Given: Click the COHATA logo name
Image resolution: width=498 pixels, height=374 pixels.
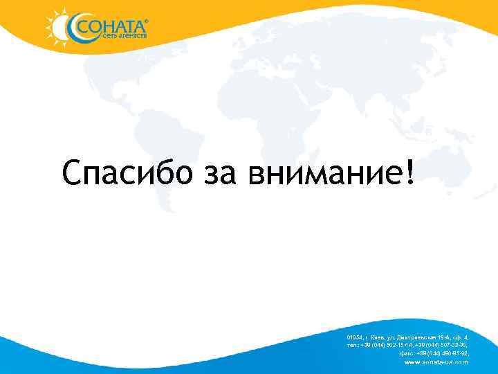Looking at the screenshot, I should [x=111, y=27].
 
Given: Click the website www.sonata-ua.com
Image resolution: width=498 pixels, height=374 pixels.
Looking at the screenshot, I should [x=436, y=362].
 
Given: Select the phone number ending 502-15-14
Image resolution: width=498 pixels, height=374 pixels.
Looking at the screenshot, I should [x=387, y=345].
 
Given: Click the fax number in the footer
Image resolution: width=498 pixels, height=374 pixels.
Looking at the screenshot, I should [x=443, y=353].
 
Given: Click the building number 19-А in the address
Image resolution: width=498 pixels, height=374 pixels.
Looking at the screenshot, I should [x=445, y=337].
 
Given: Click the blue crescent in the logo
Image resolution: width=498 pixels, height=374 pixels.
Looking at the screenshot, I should [x=71, y=28].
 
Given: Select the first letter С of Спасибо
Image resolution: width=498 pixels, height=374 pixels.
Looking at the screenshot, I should [x=71, y=172].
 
